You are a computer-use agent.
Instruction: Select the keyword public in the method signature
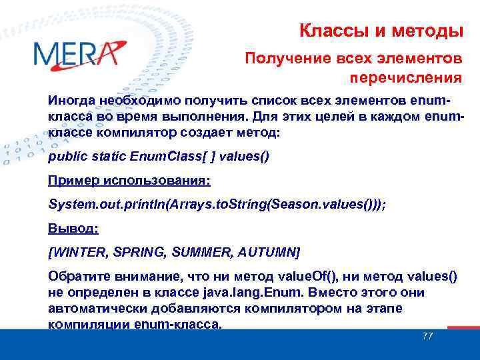[67, 157]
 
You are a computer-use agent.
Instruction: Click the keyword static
[109, 157]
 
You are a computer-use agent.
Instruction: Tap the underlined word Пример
[72, 181]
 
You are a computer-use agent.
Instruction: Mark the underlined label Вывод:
[73, 228]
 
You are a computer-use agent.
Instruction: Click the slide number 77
[427, 336]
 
